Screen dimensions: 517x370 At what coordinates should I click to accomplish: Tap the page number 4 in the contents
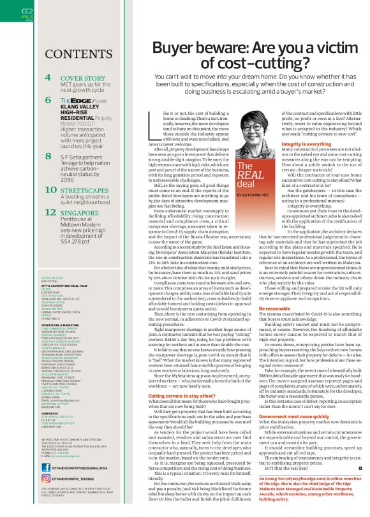48,78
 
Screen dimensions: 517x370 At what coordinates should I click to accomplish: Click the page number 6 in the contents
48,101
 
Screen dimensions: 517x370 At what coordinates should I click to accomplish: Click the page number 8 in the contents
48,155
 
